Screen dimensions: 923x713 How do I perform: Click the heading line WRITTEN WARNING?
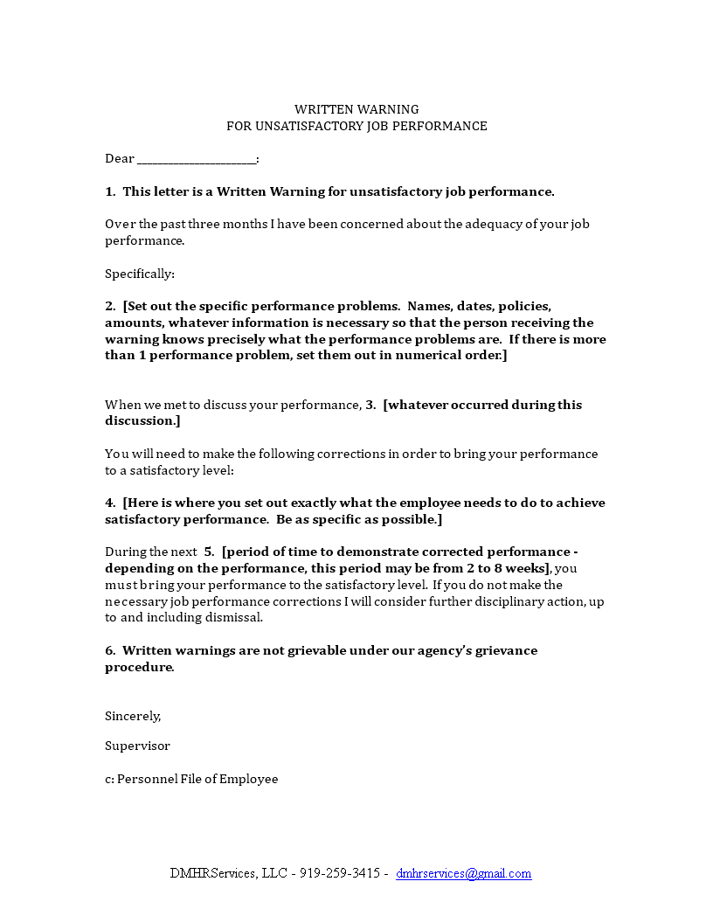(356, 109)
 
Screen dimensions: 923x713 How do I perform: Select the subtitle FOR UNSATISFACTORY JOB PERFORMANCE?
(356, 126)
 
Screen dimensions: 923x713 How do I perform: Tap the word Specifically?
(139, 274)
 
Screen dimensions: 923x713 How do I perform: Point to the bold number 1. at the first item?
(110, 191)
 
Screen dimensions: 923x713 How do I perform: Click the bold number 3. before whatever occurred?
(370, 405)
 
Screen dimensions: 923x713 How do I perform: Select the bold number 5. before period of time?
(209, 552)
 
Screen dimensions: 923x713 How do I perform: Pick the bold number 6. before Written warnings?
(110, 650)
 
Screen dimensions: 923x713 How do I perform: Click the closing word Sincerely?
(133, 716)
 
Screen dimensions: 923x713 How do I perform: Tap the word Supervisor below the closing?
(137, 746)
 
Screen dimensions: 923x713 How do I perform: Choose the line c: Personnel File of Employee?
(191, 779)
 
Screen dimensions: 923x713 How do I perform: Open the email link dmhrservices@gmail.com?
(463, 873)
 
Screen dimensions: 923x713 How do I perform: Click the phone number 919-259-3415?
(340, 873)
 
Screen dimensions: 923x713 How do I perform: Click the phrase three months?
(215, 224)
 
